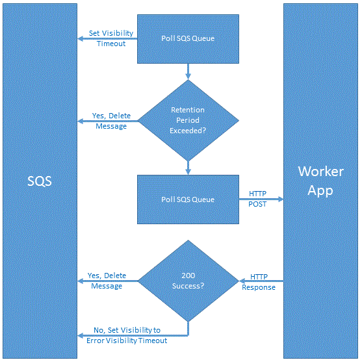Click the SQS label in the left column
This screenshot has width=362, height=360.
click(x=40, y=181)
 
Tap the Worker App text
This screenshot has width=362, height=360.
click(x=320, y=181)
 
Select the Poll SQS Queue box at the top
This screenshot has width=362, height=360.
click(x=188, y=39)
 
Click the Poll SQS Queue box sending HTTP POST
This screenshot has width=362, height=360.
click(x=188, y=199)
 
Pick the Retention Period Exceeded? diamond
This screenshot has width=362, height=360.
click(x=188, y=120)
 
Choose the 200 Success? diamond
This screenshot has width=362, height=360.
click(x=188, y=281)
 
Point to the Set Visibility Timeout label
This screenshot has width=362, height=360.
click(x=111, y=38)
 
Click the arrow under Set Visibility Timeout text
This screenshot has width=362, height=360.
click(x=107, y=39)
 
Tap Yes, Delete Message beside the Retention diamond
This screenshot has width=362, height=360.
click(x=111, y=121)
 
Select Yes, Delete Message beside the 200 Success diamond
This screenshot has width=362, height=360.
click(x=107, y=281)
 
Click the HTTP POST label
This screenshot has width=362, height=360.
click(x=257, y=199)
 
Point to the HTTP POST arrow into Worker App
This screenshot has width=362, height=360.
click(x=261, y=199)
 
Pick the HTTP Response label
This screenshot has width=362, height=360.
click(x=259, y=282)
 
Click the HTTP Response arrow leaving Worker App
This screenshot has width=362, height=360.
click(x=261, y=281)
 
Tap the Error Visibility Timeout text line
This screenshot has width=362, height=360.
click(x=127, y=341)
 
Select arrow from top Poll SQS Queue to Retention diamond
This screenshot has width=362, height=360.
click(x=188, y=71)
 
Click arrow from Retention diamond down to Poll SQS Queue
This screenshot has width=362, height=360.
click(x=188, y=168)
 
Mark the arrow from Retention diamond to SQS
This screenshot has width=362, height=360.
click(x=108, y=121)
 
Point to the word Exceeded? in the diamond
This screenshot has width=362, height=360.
click(x=188, y=131)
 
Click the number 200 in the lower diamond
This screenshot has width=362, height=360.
click(x=188, y=276)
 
